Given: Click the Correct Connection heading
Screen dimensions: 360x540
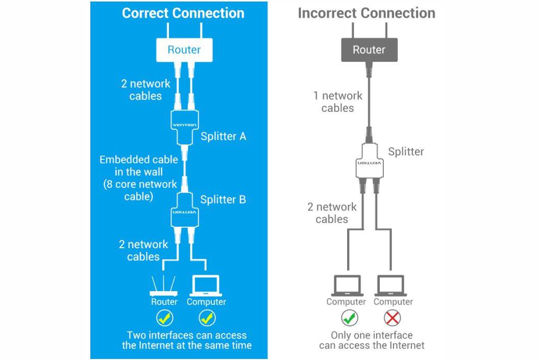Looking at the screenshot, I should (x=183, y=13).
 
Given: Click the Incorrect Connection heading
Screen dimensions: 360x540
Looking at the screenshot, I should (x=366, y=13).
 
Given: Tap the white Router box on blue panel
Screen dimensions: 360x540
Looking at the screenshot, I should (x=184, y=50).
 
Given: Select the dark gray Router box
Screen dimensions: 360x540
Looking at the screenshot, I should (x=369, y=50).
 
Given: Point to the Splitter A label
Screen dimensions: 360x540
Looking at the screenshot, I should (x=223, y=136).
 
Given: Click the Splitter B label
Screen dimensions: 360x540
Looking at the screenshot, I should (x=223, y=199).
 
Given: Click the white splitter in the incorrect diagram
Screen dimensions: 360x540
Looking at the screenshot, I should (x=369, y=162).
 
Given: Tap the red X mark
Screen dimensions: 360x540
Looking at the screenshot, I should (x=392, y=318).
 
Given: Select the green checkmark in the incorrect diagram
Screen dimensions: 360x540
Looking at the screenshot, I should (x=350, y=318).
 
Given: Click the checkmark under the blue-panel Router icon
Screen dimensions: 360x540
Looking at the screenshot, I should (x=164, y=318).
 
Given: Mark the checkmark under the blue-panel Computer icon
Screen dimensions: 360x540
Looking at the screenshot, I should (x=206, y=318).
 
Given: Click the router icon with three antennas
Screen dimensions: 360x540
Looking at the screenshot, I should (x=164, y=286).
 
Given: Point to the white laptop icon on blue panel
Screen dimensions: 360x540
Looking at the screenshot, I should (x=206, y=286).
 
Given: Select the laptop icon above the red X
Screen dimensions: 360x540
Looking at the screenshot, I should (x=392, y=286).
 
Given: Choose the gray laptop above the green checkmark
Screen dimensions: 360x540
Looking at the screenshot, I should (x=347, y=286).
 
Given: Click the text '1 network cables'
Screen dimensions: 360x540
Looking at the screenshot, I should (x=337, y=102).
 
